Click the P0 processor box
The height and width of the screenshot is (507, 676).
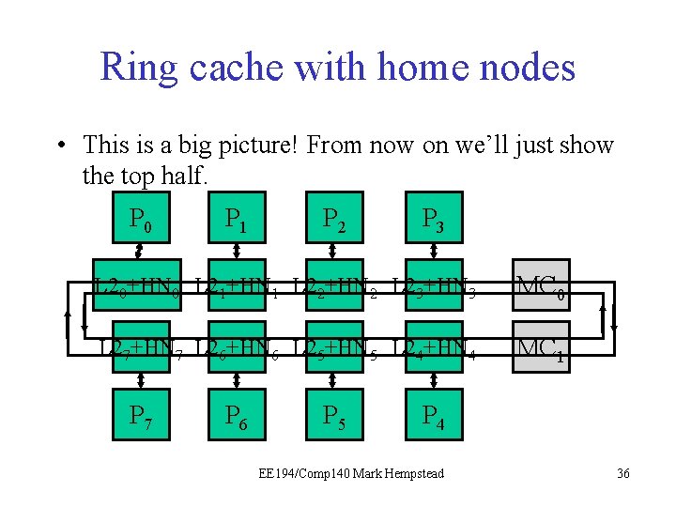point(140,218)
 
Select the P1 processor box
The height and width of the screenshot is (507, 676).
point(237,218)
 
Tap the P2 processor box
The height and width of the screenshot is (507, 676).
point(334,218)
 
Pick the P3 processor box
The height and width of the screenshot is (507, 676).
point(432,218)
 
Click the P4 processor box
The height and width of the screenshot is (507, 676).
point(432,413)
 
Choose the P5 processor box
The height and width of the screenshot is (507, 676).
point(334,413)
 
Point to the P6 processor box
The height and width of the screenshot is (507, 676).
point(237,413)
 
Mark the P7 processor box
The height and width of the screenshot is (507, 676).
point(140,413)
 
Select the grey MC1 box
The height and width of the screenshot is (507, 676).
point(540,348)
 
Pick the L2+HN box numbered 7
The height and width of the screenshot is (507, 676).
point(140,348)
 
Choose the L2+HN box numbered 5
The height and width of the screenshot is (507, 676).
point(334,348)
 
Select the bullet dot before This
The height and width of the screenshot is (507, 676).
point(59,146)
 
